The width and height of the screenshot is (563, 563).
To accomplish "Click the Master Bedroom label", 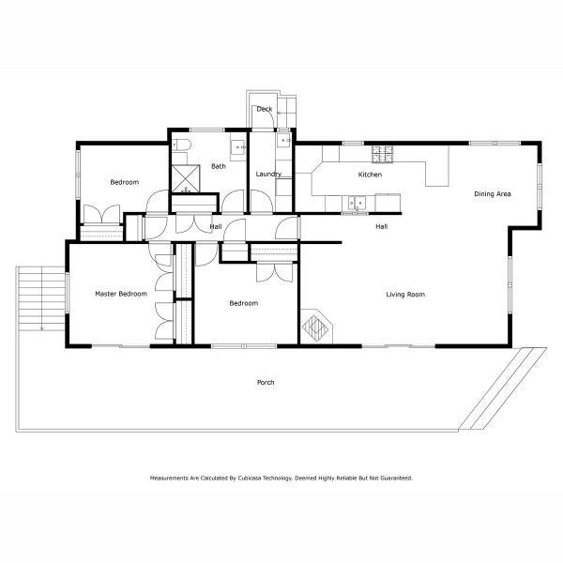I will pos(121,294).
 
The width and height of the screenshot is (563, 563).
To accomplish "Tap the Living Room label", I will pos(405,295).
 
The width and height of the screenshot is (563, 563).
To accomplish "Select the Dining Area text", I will pos(492,194).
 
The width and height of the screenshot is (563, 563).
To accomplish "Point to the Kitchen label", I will pos(370,175).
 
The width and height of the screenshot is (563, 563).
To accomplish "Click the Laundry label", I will pos(268,175).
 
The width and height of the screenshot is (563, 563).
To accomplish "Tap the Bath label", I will pos(218,167).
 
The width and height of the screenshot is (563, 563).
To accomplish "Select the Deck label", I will pos(265,109).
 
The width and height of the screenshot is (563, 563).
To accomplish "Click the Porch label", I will pos(266,382).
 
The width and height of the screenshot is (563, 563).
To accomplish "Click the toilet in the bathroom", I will pos(182,144).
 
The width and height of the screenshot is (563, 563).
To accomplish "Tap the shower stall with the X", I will pos(185,178).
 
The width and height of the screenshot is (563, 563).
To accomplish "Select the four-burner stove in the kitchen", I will pos(383,151).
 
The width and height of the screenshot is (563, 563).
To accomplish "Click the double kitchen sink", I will pos(357,201).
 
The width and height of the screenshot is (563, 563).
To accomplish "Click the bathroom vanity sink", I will pos(240,145).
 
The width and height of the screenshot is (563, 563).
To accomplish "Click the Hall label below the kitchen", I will pos(382,227).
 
